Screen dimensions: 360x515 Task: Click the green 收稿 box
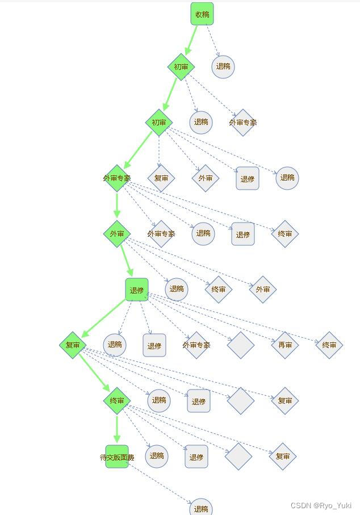pyautogui.click(x=202, y=14)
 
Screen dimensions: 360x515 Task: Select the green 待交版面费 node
pyautogui.click(x=117, y=457)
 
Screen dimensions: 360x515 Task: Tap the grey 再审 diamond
pyautogui.click(x=284, y=345)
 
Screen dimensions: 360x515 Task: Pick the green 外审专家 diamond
pyautogui.click(x=117, y=178)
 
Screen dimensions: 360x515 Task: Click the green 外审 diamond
pyautogui.click(x=117, y=233)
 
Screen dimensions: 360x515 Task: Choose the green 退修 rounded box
pyautogui.click(x=137, y=290)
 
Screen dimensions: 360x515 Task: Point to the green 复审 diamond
pyautogui.click(x=73, y=345)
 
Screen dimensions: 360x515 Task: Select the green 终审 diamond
pyautogui.click(x=117, y=401)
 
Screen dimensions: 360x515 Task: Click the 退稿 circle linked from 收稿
pyautogui.click(x=223, y=66)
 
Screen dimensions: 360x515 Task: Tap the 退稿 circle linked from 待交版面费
pyautogui.click(x=200, y=508)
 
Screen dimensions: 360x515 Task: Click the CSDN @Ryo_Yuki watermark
pyautogui.click(x=321, y=505)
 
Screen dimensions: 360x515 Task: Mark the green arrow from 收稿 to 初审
pyautogui.click(x=191, y=40)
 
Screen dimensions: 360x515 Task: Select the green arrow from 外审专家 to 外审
pyautogui.click(x=117, y=206)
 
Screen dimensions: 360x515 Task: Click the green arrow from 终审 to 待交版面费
pyautogui.click(x=117, y=429)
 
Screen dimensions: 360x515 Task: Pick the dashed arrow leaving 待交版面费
pyautogui.click(x=162, y=484)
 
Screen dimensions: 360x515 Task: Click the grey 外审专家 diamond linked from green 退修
pyautogui.click(x=196, y=345)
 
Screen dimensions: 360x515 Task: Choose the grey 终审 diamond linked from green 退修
pyautogui.click(x=329, y=345)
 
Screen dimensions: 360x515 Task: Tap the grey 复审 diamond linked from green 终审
pyautogui.click(x=282, y=456)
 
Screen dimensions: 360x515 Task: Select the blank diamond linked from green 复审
pyautogui.click(x=240, y=401)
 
